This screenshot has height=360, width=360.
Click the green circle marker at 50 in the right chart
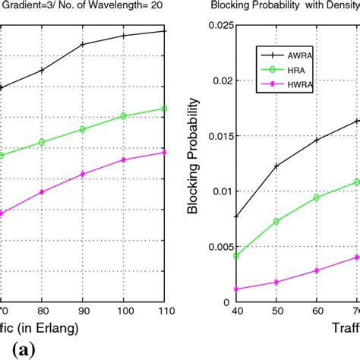click(x=276, y=222)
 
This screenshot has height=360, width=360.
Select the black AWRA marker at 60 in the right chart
click(x=317, y=140)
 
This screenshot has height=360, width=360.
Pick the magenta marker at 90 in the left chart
click(x=83, y=174)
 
